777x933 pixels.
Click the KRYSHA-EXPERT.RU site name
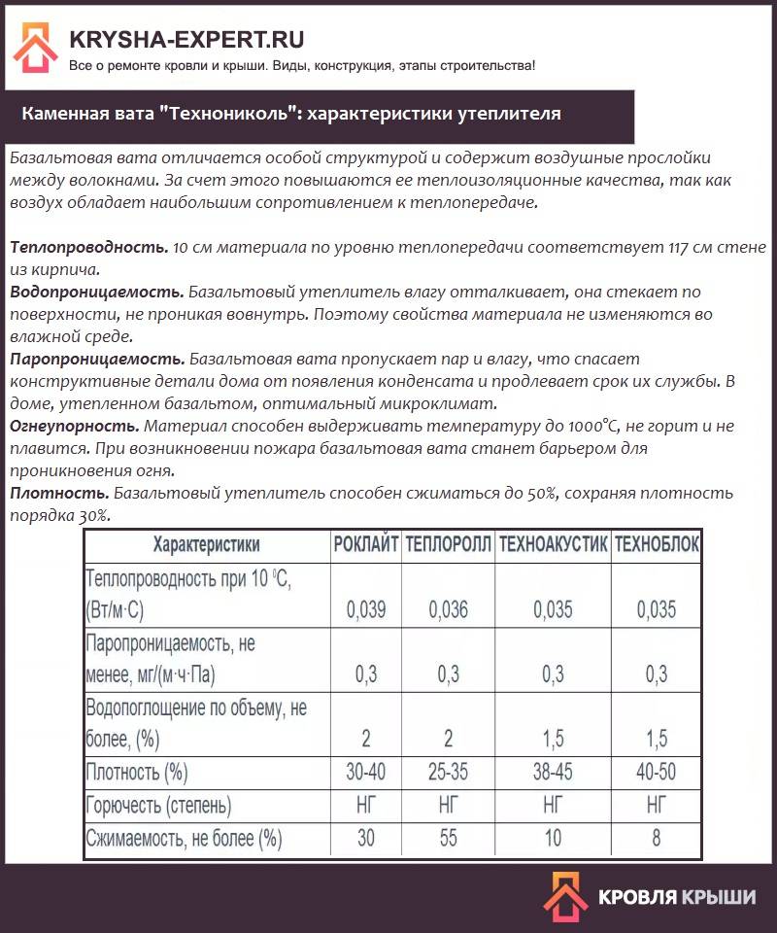(x=186, y=40)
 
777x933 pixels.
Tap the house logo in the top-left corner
(x=35, y=47)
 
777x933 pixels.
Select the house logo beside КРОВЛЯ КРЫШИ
(x=564, y=896)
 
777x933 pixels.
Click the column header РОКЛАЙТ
(x=365, y=544)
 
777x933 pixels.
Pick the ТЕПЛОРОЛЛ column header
(x=448, y=544)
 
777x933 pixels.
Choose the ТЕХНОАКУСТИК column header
(x=553, y=544)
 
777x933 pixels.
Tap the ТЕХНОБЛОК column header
(x=658, y=544)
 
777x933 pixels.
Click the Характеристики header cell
(x=206, y=544)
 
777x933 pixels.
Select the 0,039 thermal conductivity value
(x=365, y=610)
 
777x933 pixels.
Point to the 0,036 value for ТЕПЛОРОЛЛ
(x=448, y=610)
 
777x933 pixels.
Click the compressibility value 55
(x=448, y=838)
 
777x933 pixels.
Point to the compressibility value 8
(x=658, y=838)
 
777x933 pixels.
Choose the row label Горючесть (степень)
(x=159, y=805)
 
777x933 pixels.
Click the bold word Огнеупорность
(x=74, y=427)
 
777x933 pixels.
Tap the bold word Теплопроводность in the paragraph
(x=87, y=248)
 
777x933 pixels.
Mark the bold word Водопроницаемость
(x=96, y=292)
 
